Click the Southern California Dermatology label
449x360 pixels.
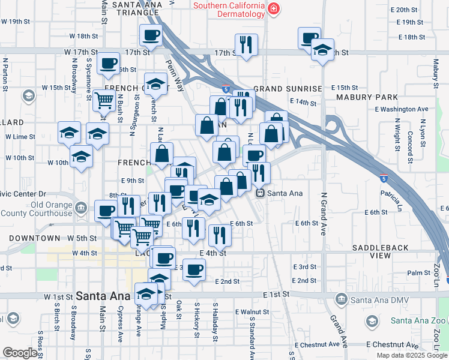click(229, 10)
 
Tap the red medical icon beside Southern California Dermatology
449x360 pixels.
click(274, 8)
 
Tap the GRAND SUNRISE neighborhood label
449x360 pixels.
click(288, 88)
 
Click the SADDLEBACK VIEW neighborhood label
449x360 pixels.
click(381, 251)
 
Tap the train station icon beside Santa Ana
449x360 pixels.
click(261, 193)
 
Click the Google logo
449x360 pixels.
click(20, 353)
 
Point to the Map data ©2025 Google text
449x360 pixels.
click(411, 355)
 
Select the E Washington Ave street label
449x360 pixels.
click(402, 109)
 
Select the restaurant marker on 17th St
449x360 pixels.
click(246, 44)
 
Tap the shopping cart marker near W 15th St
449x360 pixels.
click(104, 100)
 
